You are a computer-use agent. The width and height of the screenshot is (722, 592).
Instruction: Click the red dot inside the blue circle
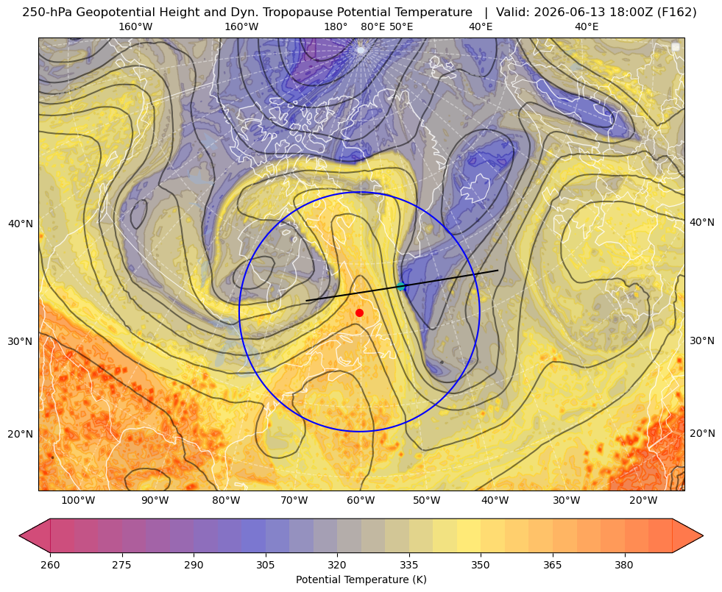click(x=359, y=313)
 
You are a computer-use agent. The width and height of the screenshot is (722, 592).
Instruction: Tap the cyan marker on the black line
click(x=401, y=287)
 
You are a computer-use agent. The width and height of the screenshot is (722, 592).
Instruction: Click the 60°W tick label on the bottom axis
click(x=361, y=500)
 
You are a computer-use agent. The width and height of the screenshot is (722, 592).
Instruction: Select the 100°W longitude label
click(x=78, y=500)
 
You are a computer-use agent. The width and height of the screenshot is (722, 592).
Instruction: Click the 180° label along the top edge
click(x=336, y=26)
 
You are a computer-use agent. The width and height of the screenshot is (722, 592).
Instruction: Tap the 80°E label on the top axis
click(x=372, y=26)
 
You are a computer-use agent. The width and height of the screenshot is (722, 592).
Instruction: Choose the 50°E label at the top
click(x=401, y=26)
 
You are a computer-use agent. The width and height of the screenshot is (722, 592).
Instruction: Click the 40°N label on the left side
click(x=21, y=224)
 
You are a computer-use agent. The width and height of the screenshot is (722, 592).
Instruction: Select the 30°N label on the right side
click(x=702, y=340)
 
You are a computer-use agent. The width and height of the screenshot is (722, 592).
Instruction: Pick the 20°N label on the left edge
click(x=21, y=434)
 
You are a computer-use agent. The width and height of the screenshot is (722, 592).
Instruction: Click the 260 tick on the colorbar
click(x=50, y=565)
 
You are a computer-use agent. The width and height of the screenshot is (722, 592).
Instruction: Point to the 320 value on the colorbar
click(x=337, y=565)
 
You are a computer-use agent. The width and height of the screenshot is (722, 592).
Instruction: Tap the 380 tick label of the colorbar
click(x=624, y=565)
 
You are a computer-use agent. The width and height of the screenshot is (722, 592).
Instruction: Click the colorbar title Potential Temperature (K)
click(x=361, y=579)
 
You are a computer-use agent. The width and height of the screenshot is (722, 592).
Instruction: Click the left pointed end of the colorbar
click(x=19, y=535)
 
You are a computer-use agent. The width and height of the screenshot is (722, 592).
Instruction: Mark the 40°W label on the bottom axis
click(x=495, y=500)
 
